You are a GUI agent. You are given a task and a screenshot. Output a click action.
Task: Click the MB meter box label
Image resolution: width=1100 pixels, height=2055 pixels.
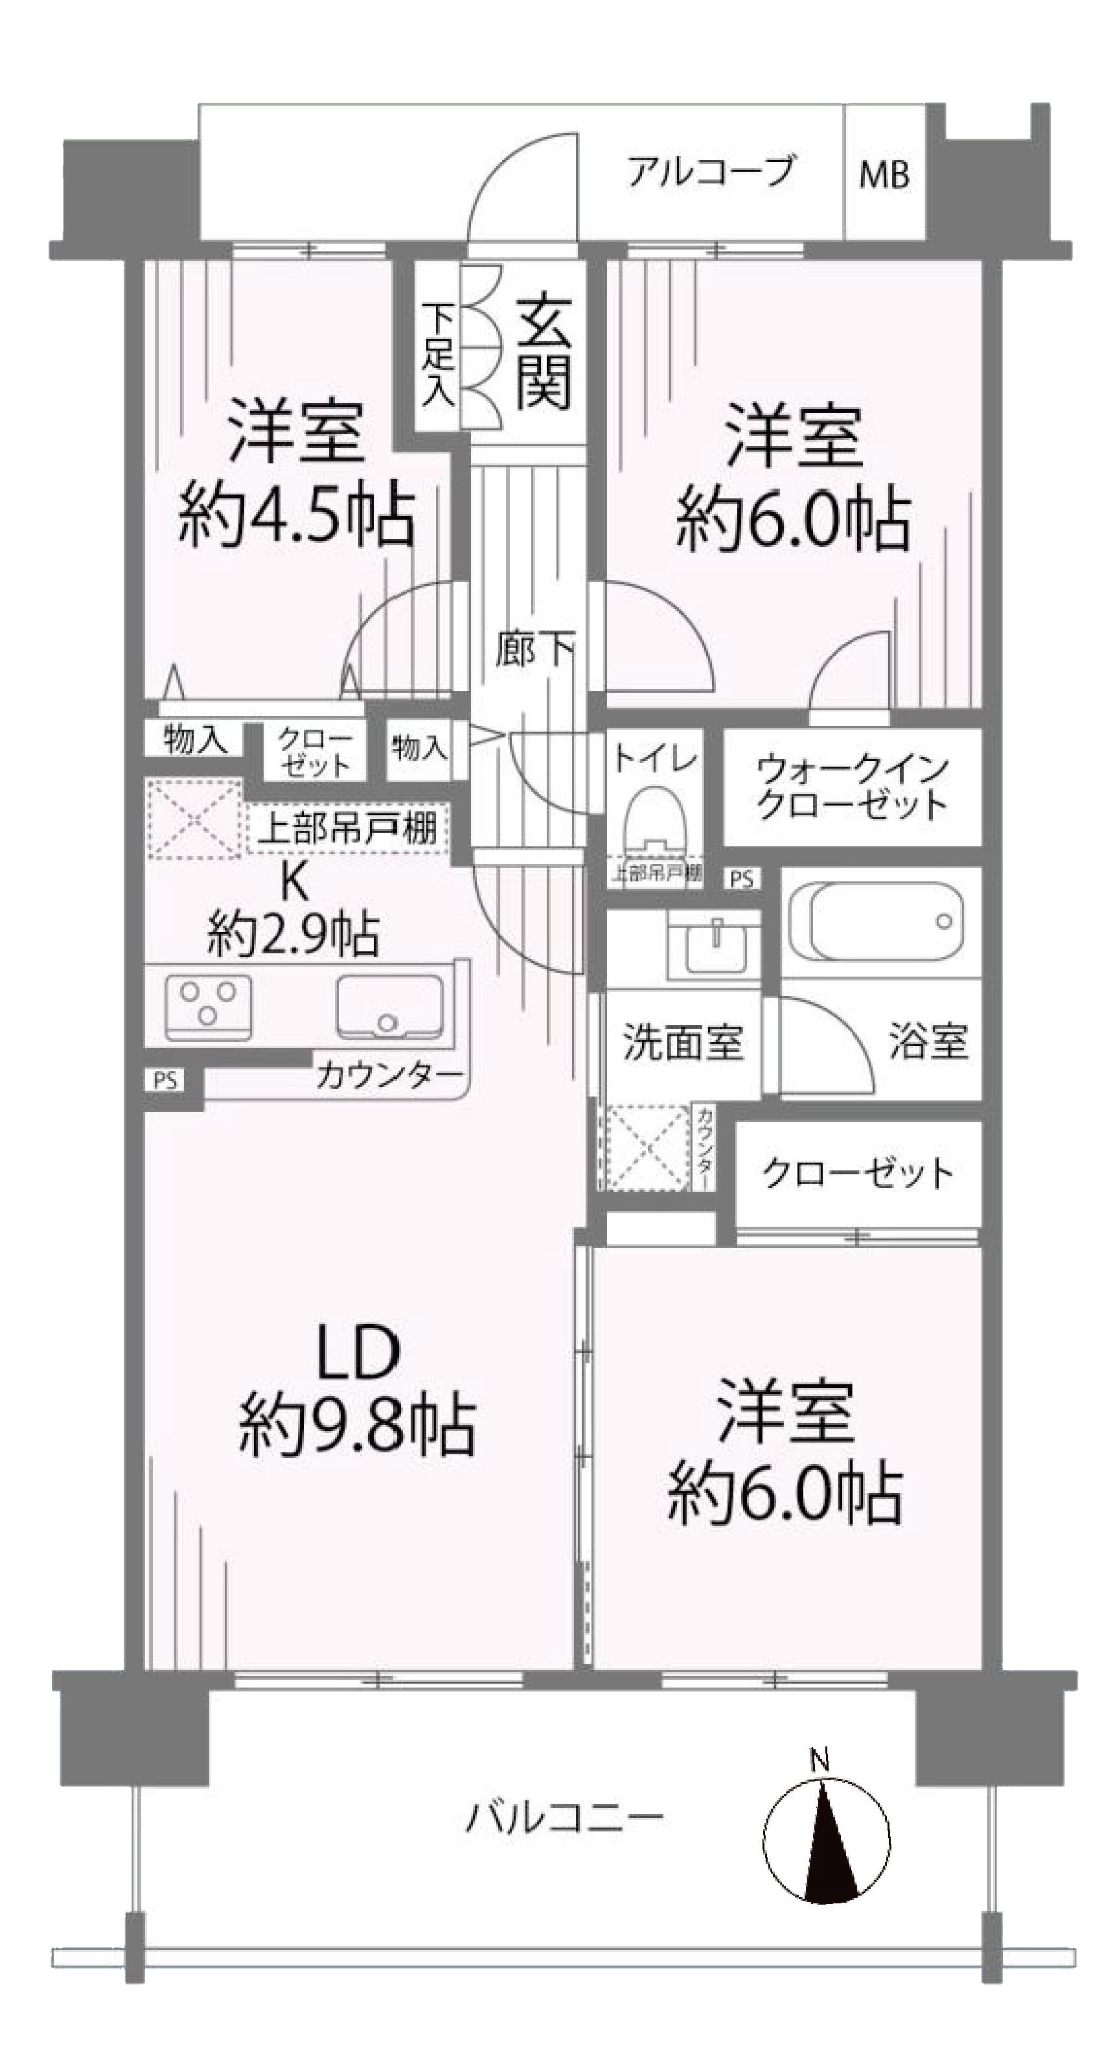coord(884,174)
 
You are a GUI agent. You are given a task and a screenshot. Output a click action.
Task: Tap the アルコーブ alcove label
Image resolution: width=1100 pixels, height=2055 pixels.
coord(710,170)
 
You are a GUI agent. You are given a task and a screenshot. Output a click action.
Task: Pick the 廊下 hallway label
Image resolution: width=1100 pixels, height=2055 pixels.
coord(534,648)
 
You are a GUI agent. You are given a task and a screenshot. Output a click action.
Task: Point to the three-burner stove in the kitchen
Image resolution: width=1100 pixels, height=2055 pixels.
coord(208,1008)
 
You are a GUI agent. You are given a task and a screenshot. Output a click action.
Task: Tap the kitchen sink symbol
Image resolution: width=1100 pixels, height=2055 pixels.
coord(389,1008)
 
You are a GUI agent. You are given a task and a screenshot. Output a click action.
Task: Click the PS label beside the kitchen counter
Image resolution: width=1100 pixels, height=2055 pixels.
coord(165,1081)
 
